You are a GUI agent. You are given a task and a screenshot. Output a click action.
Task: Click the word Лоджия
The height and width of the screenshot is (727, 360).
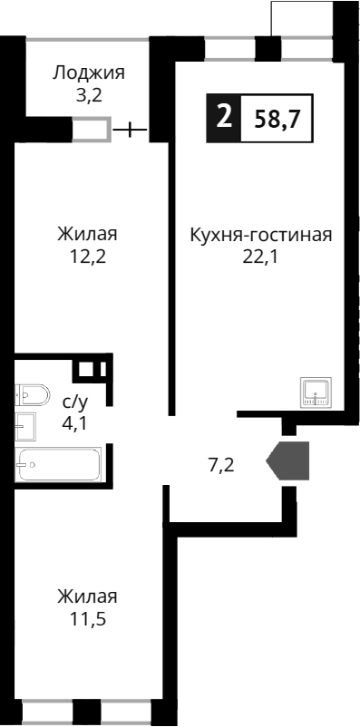[x=88, y=73]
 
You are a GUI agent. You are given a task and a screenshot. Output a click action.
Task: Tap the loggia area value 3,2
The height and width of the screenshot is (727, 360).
[x=88, y=94]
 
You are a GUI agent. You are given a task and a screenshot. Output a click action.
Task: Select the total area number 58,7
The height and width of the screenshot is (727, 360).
[x=277, y=119]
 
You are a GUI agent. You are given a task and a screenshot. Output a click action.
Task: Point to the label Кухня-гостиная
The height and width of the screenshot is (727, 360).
[x=261, y=235]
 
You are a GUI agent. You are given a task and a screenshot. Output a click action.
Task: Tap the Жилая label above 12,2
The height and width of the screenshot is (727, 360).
[x=87, y=235]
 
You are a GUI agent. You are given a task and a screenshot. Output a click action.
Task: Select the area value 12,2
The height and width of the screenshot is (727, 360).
[x=87, y=256]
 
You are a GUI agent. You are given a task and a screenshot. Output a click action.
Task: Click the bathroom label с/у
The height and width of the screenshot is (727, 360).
[x=75, y=401]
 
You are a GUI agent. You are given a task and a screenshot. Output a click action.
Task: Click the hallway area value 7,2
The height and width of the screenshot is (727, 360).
[x=222, y=466]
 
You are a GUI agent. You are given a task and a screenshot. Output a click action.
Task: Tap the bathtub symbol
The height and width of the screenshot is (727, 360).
[x=60, y=463]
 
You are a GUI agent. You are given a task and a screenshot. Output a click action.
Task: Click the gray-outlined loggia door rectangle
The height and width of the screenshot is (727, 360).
[x=92, y=130]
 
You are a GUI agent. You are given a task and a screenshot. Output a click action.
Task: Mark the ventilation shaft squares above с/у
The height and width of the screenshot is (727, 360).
[x=90, y=369]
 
